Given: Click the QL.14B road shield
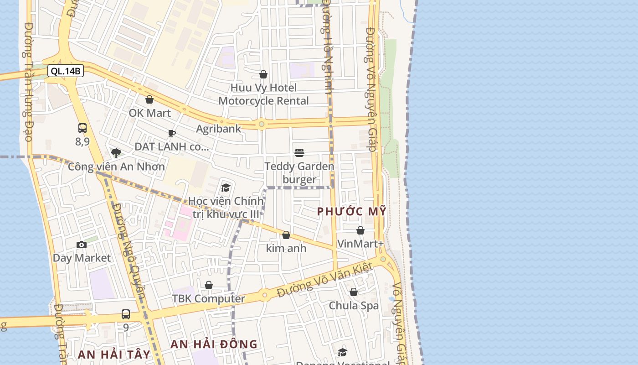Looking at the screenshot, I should pyautogui.click(x=66, y=71).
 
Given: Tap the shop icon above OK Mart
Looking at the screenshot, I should pyautogui.click(x=149, y=99).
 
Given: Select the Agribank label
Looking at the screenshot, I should pyautogui.click(x=218, y=129).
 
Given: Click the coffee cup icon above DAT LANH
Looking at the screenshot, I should pyautogui.click(x=172, y=133).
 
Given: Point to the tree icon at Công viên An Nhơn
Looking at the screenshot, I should pyautogui.click(x=116, y=153).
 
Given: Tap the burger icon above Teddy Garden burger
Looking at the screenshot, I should pyautogui.click(x=299, y=152).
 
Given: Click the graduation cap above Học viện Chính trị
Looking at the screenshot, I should pyautogui.click(x=226, y=188).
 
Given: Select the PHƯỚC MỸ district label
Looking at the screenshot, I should pyautogui.click(x=352, y=212).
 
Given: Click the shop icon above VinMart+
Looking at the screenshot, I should pyautogui.click(x=360, y=230).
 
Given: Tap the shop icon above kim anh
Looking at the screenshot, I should pyautogui.click(x=286, y=235).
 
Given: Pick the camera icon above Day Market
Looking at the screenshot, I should pyautogui.click(x=82, y=245).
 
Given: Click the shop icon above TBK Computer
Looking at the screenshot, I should pyautogui.click(x=209, y=285).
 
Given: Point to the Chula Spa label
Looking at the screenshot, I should pyautogui.click(x=354, y=306).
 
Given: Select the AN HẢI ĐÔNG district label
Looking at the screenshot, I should pyautogui.click(x=214, y=344).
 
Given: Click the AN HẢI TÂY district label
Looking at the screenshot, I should pyautogui.click(x=114, y=355).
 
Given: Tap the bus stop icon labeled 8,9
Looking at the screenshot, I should pyautogui.click(x=82, y=128).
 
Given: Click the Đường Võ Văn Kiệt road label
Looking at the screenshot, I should pyautogui.click(x=325, y=280).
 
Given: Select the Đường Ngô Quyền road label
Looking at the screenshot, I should pyautogui.click(x=129, y=251).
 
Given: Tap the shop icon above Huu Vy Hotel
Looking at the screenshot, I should pyautogui.click(x=263, y=74).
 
